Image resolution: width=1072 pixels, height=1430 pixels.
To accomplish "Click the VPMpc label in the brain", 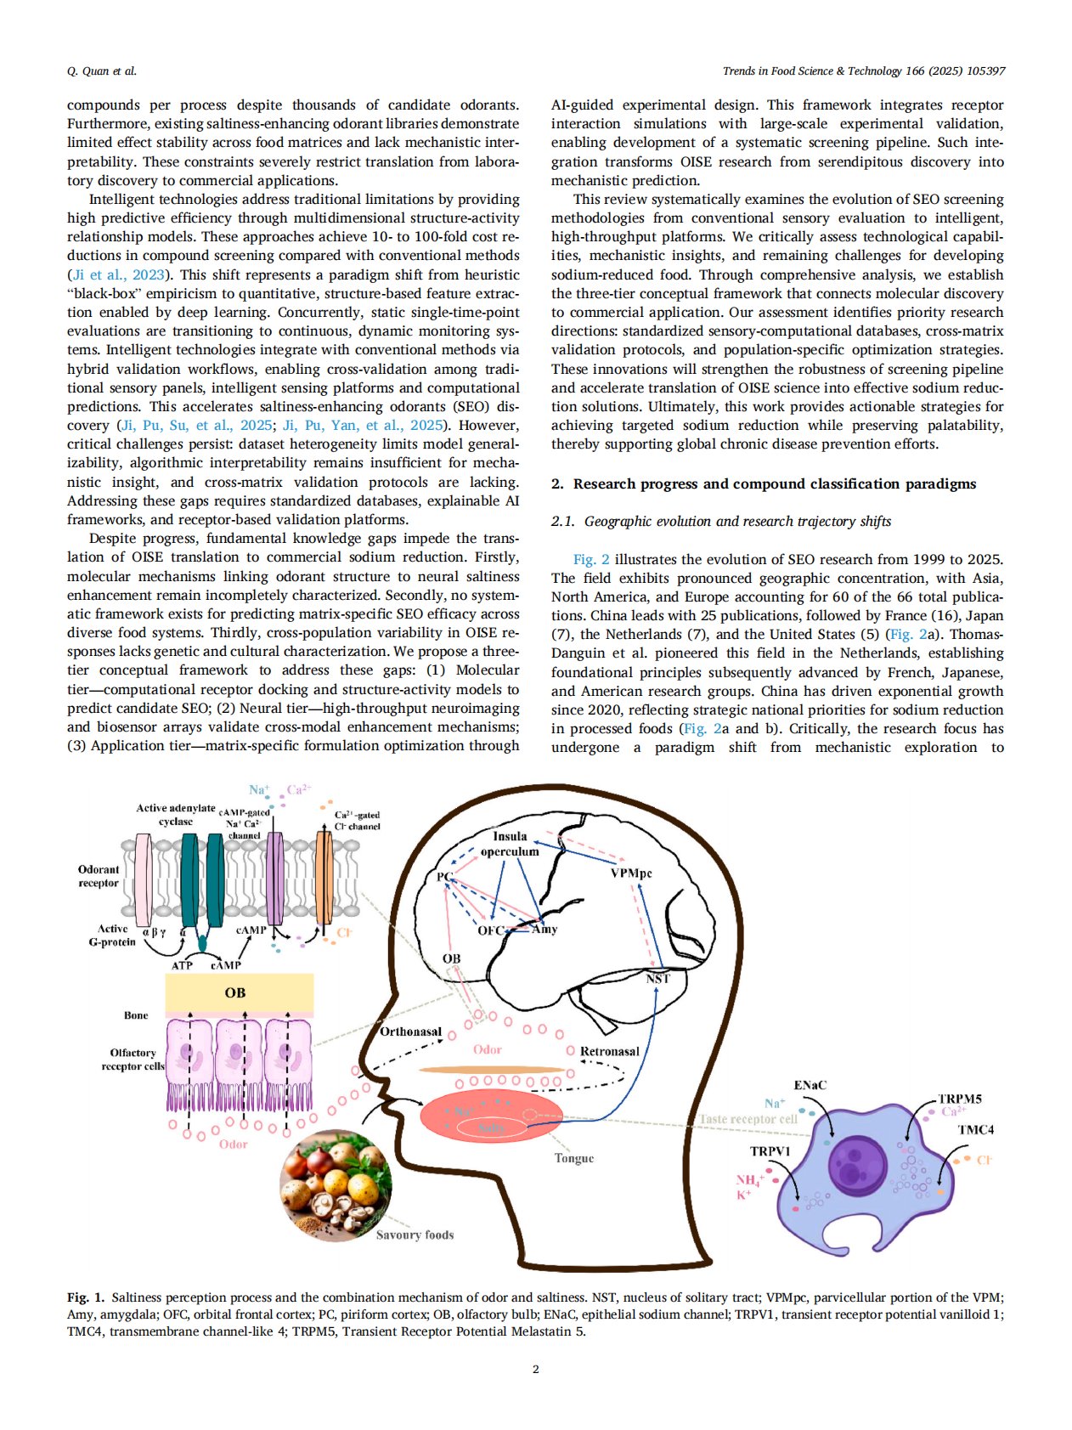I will click(631, 873).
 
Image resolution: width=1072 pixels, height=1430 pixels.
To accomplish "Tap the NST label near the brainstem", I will click(657, 979).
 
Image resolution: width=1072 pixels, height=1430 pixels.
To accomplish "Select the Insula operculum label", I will click(510, 844).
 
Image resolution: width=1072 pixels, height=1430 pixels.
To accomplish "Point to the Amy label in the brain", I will click(544, 930).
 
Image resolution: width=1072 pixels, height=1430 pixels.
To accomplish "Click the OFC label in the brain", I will click(490, 930).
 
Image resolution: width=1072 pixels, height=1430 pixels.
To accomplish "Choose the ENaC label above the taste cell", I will click(810, 1085).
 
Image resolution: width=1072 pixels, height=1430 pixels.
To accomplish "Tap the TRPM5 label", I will click(959, 1099).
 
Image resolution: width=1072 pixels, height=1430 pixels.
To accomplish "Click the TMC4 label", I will click(975, 1130).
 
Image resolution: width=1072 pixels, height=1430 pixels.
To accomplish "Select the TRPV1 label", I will click(770, 1151).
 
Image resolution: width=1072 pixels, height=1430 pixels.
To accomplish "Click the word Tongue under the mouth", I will click(574, 1158).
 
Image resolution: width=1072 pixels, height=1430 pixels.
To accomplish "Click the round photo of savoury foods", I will click(336, 1186).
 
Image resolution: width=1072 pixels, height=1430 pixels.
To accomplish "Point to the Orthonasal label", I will click(410, 1032).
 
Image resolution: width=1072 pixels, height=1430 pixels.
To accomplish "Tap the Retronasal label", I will click(609, 1051).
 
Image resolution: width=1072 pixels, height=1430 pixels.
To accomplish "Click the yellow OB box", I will click(239, 992).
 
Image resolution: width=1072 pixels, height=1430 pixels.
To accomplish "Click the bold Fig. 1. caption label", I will click(86, 1297).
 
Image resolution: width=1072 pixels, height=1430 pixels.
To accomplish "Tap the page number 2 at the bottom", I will click(535, 1369).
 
